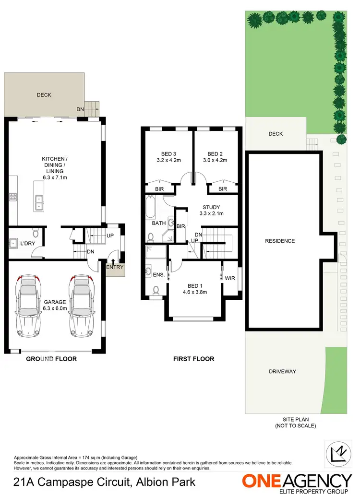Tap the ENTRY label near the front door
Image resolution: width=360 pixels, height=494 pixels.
tap(114, 267)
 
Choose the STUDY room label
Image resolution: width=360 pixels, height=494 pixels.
tap(211, 207)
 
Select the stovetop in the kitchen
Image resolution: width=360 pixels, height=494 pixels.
tap(13, 197)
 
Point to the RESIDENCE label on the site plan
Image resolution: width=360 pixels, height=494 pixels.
tap(280, 241)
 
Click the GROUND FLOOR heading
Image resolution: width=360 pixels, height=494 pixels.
tap(51, 359)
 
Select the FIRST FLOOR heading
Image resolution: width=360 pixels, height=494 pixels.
tap(193, 359)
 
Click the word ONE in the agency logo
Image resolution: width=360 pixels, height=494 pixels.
tap(263, 481)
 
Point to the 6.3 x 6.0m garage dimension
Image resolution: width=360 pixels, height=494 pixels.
tap(55, 309)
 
